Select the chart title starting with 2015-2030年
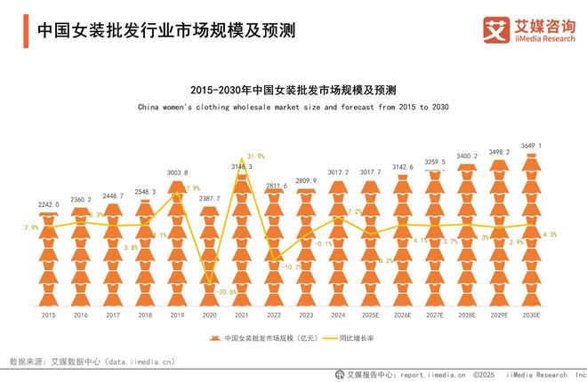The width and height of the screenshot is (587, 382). (x=293, y=91)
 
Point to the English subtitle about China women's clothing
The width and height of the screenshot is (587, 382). (x=293, y=107)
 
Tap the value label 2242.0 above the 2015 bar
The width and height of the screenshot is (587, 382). (x=49, y=204)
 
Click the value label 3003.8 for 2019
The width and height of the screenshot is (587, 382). (x=177, y=173)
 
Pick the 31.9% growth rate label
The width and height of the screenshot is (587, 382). (x=256, y=156)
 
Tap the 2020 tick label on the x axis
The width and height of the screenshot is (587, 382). (x=209, y=314)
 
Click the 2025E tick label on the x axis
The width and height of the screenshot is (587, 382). (x=369, y=314)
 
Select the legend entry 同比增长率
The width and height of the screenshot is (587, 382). (x=357, y=338)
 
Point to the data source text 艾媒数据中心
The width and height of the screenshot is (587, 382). (x=76, y=362)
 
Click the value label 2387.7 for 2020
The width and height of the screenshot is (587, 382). (x=209, y=199)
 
